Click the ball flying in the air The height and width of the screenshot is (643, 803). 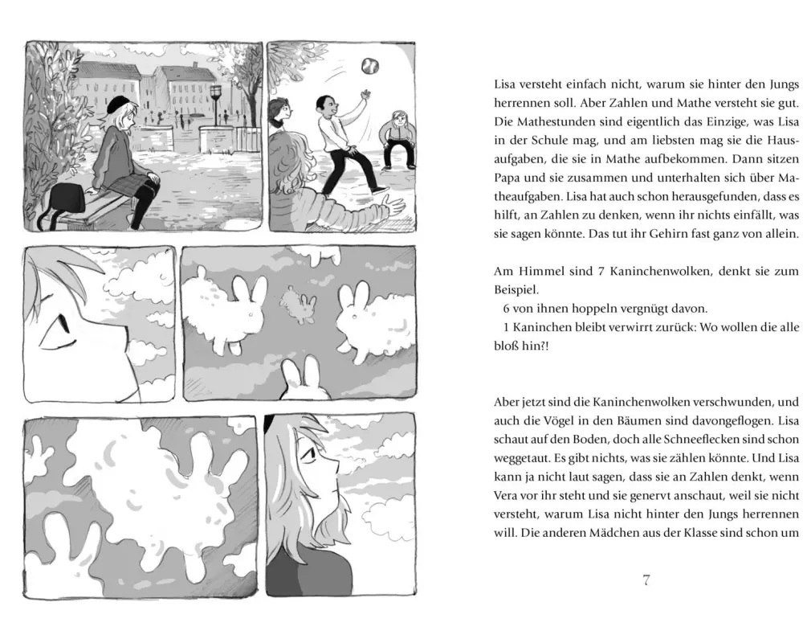370,64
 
